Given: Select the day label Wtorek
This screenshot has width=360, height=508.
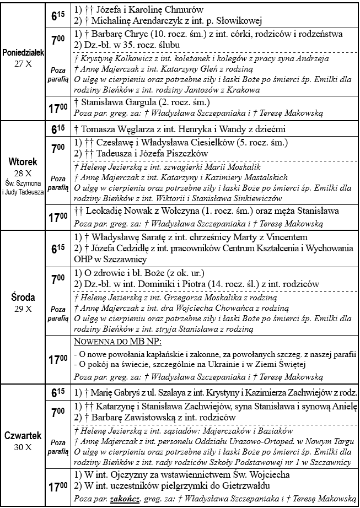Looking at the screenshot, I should tap(23, 163).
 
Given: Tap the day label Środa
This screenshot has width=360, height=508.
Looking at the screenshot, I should tap(23, 298).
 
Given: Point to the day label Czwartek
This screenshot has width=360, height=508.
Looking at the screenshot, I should tap(23, 436).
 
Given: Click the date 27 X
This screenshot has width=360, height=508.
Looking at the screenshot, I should tap(23, 63).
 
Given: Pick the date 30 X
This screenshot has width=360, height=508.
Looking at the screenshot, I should tap(23, 447).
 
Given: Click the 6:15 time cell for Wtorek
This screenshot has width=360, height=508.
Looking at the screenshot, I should tap(57, 130).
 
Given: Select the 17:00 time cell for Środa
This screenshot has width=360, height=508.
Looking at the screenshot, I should tap(57, 360).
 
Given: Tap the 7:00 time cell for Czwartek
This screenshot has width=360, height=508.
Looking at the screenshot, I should tap(57, 412).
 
